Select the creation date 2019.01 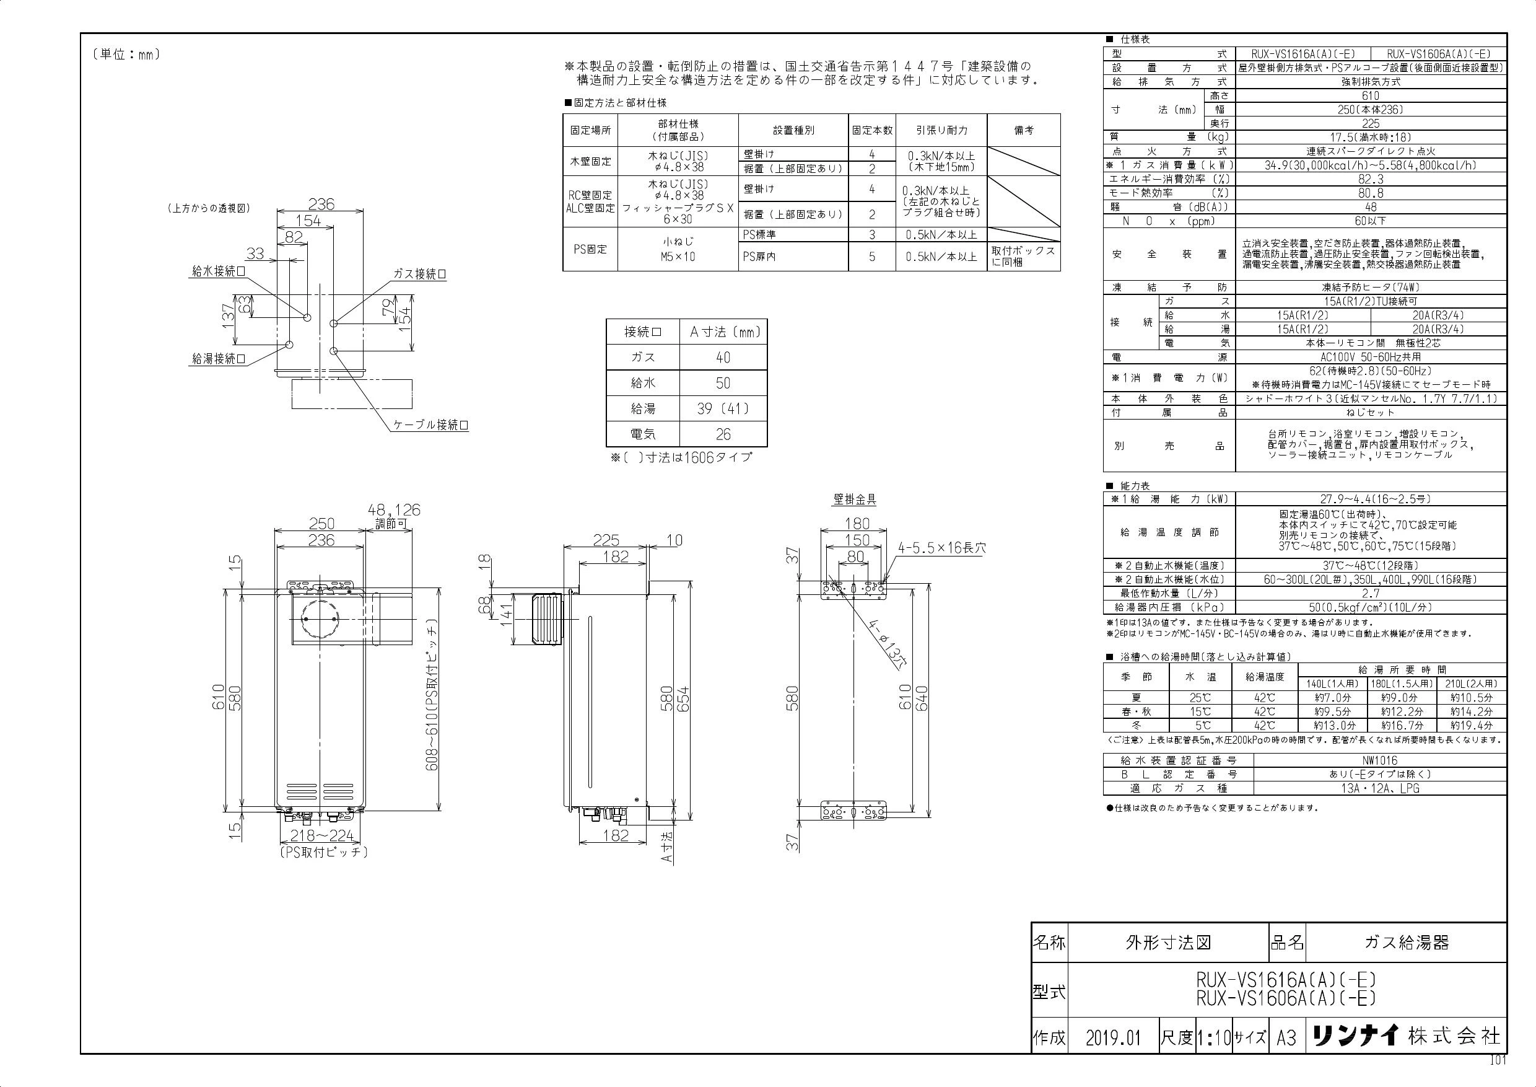pyautogui.click(x=1112, y=1038)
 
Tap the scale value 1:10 pyautogui.click(x=1214, y=1038)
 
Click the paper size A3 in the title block pyautogui.click(x=1286, y=1038)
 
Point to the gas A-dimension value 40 pyautogui.click(x=723, y=358)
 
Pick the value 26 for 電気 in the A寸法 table pyautogui.click(x=723, y=434)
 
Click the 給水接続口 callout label pyautogui.click(x=219, y=271)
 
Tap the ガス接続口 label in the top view pyautogui.click(x=419, y=274)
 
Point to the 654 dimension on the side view pyautogui.click(x=683, y=700)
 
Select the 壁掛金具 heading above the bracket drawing pyautogui.click(x=854, y=499)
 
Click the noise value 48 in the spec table pyautogui.click(x=1371, y=207)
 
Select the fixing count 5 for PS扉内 pyautogui.click(x=871, y=257)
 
